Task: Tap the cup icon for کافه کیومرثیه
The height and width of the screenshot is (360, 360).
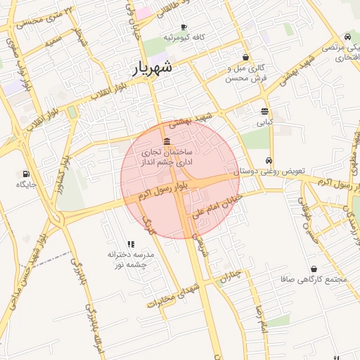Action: click(184, 27)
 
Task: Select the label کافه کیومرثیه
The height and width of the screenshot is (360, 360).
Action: click(184, 37)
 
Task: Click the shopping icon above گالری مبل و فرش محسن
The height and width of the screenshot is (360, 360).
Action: click(245, 58)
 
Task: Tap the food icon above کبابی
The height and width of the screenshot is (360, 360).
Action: click(264, 111)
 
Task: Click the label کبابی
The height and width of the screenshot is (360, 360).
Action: click(264, 122)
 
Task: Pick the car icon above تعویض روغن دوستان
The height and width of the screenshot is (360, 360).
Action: click(269, 160)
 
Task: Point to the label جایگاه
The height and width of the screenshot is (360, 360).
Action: click(26, 184)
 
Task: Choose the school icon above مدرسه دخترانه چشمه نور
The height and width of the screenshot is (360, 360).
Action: click(131, 243)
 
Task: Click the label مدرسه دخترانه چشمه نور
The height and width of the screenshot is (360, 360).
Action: click(129, 259)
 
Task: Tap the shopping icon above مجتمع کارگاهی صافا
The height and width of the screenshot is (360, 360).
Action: click(313, 269)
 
